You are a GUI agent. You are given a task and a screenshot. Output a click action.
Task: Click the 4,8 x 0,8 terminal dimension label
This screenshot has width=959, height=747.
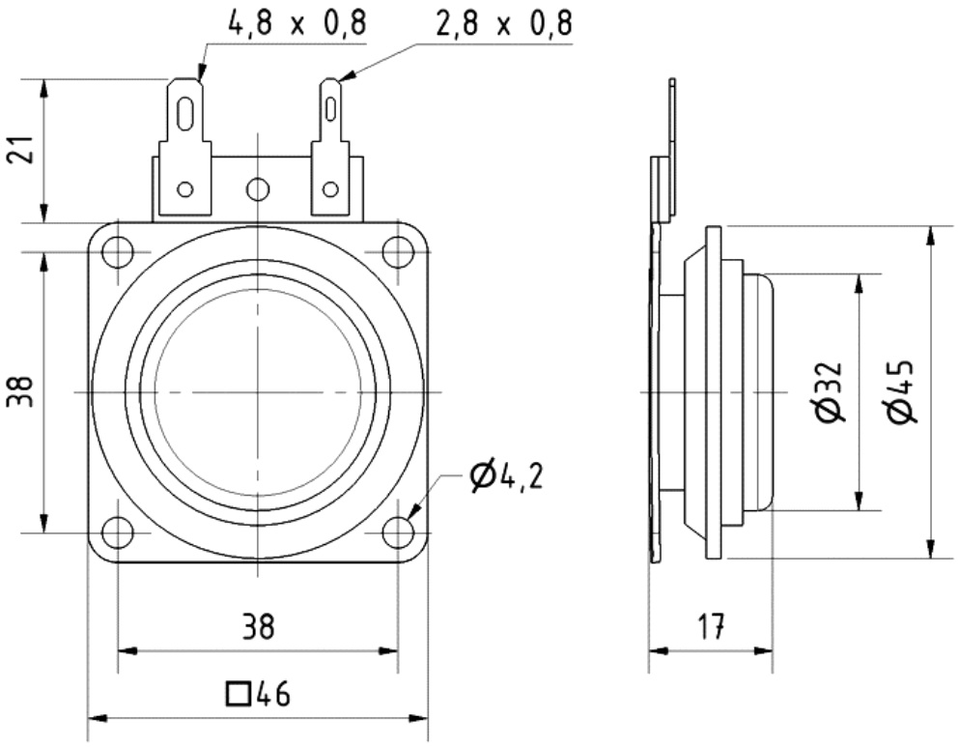[297, 23]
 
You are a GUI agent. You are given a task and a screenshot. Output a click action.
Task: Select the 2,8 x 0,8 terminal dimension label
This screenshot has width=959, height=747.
[503, 23]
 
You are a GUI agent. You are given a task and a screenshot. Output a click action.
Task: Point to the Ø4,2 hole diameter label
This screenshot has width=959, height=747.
[505, 475]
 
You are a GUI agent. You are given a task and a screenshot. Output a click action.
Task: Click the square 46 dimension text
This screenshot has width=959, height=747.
[258, 694]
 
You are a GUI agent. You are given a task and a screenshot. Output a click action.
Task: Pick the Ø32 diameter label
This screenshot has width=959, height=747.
[830, 391]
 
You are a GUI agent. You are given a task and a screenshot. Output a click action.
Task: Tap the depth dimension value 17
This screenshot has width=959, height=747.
[710, 628]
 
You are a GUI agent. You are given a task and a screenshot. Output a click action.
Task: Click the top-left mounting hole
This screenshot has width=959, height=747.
[118, 252]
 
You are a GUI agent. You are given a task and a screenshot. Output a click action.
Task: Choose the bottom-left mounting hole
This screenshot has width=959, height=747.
[118, 531]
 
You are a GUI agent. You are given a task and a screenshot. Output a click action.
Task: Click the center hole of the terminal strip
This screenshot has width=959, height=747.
[257, 188]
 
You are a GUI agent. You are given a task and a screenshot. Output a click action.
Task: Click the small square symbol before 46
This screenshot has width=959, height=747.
[235, 694]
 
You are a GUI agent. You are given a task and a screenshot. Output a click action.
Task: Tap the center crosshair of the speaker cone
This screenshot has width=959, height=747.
[258, 391]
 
